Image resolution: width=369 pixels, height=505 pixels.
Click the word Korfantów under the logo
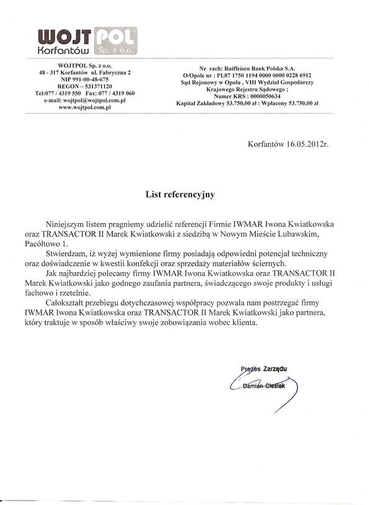[x=64, y=48]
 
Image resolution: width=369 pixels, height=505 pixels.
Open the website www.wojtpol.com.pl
[x=84, y=107]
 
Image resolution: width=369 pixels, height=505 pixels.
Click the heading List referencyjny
[x=180, y=194]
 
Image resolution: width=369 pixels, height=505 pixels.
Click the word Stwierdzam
[x=68, y=254]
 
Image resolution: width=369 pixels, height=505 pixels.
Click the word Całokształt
[x=69, y=304]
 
